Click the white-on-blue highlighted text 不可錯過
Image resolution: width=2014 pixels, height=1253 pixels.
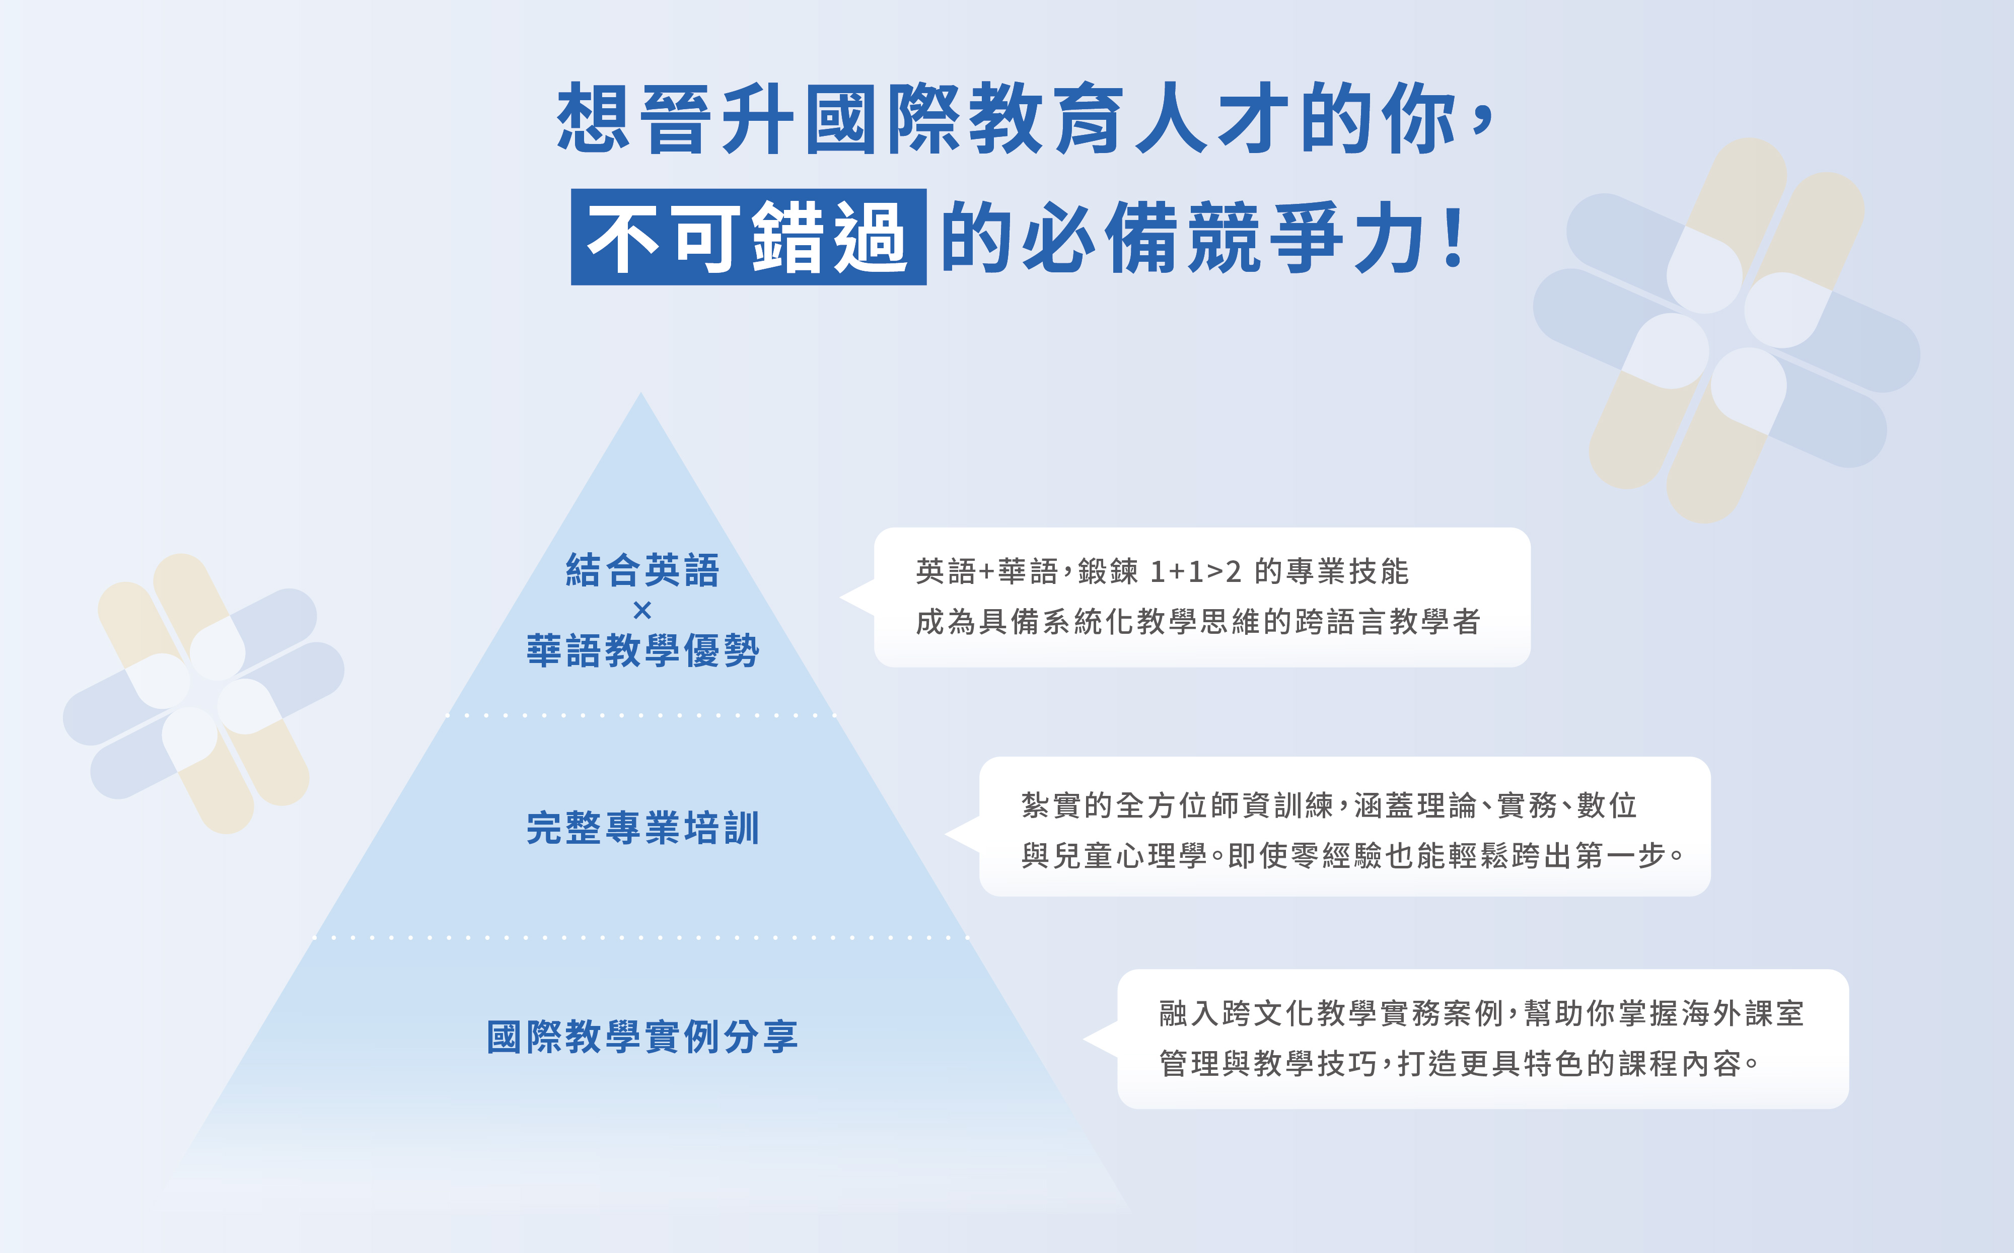(x=748, y=237)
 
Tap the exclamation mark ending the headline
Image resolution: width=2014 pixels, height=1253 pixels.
(x=1453, y=238)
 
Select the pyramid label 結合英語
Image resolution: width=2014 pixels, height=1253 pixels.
(x=642, y=570)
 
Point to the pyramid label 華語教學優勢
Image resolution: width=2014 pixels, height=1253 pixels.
(x=642, y=650)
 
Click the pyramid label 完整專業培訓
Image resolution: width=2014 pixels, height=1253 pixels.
(x=642, y=828)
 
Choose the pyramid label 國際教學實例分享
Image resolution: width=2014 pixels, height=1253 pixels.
(x=642, y=1037)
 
